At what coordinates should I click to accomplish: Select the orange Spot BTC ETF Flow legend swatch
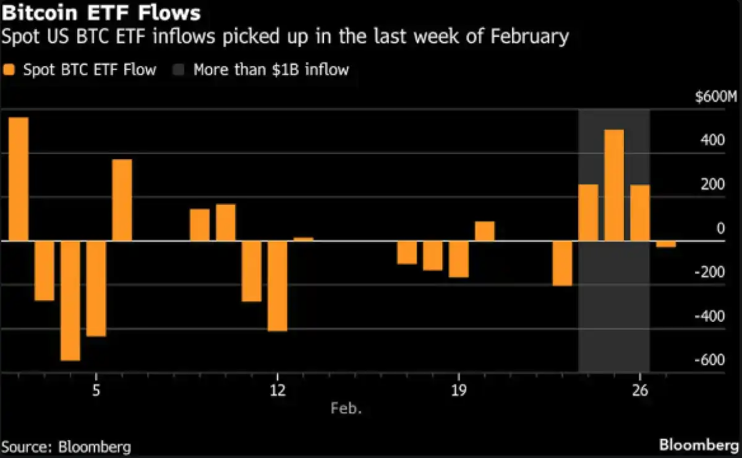click(x=9, y=69)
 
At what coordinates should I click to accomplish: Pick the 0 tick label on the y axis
click(x=720, y=228)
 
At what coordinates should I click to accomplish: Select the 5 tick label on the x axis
click(x=96, y=391)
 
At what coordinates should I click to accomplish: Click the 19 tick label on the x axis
click(x=458, y=391)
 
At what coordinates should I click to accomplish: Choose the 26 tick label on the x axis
click(x=640, y=391)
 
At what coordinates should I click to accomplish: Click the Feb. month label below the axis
click(x=347, y=408)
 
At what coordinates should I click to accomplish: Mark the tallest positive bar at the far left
click(x=18, y=179)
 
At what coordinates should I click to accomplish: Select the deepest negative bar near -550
click(x=70, y=300)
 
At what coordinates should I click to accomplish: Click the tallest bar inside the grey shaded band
click(x=614, y=185)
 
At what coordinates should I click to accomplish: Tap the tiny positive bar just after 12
click(x=304, y=239)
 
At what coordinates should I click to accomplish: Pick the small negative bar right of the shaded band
click(x=666, y=244)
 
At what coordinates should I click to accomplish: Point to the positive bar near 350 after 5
click(x=122, y=200)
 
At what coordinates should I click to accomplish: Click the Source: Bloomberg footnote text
click(x=67, y=446)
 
